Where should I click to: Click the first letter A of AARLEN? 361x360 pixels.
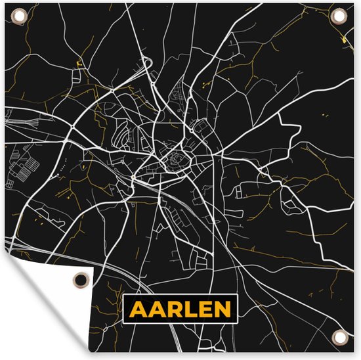138,309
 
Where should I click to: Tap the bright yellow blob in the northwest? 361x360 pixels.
79,63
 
